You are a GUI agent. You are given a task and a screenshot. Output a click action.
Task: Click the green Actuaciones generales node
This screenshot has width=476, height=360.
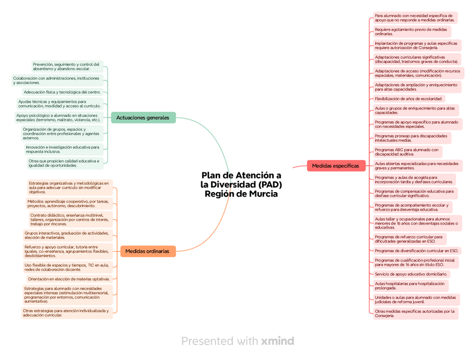coord(143,117)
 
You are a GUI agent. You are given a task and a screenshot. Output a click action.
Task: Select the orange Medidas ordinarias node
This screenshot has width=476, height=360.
coord(147,251)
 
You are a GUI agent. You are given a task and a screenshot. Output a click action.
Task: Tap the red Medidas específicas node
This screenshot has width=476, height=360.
coord(335,166)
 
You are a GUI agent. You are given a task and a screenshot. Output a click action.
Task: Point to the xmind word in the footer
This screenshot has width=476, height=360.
coord(277,341)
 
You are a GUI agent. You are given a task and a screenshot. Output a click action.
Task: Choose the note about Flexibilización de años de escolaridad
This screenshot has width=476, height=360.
coord(409,99)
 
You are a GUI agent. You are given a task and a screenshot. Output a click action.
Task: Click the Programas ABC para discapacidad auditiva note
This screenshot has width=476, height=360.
coord(407,152)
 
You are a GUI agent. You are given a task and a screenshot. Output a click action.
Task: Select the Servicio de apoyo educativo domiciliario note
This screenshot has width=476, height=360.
coord(411,274)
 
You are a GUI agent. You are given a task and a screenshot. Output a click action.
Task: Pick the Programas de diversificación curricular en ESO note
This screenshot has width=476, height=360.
coord(416,250)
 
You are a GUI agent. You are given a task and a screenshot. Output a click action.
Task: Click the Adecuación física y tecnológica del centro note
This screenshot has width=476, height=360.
coord(62,92)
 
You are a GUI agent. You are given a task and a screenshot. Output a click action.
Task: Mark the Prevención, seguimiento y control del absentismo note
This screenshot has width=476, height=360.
coord(66,66)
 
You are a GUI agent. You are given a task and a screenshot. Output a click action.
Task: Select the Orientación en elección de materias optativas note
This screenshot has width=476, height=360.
coord(68,279)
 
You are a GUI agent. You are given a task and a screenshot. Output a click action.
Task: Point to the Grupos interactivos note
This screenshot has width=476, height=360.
coord(66,235)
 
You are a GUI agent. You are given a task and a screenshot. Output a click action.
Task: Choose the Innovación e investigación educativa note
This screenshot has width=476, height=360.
coord(63,149)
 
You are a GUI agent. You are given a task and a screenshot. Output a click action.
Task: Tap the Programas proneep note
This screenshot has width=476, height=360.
coord(411,138)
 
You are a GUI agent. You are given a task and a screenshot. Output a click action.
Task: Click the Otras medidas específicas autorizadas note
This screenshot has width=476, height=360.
coord(415,313)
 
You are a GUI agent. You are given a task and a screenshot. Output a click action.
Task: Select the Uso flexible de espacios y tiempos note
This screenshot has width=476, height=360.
coord(66,267)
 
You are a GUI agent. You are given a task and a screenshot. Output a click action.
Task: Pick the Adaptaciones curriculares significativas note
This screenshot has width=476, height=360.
coord(417,59)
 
